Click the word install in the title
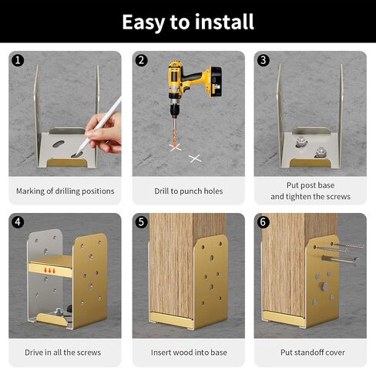[224, 22]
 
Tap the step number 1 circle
[18, 60]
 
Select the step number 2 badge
[141, 60]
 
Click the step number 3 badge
[263, 60]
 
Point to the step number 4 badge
[18, 222]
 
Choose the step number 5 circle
[141, 222]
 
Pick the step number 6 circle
[263, 222]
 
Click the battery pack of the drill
[213, 82]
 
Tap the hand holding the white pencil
[105, 133]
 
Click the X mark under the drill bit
[176, 147]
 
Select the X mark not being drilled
[195, 158]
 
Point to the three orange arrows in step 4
[50, 270]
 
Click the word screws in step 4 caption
[89, 353]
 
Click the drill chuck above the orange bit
[175, 109]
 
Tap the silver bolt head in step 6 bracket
[325, 286]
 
